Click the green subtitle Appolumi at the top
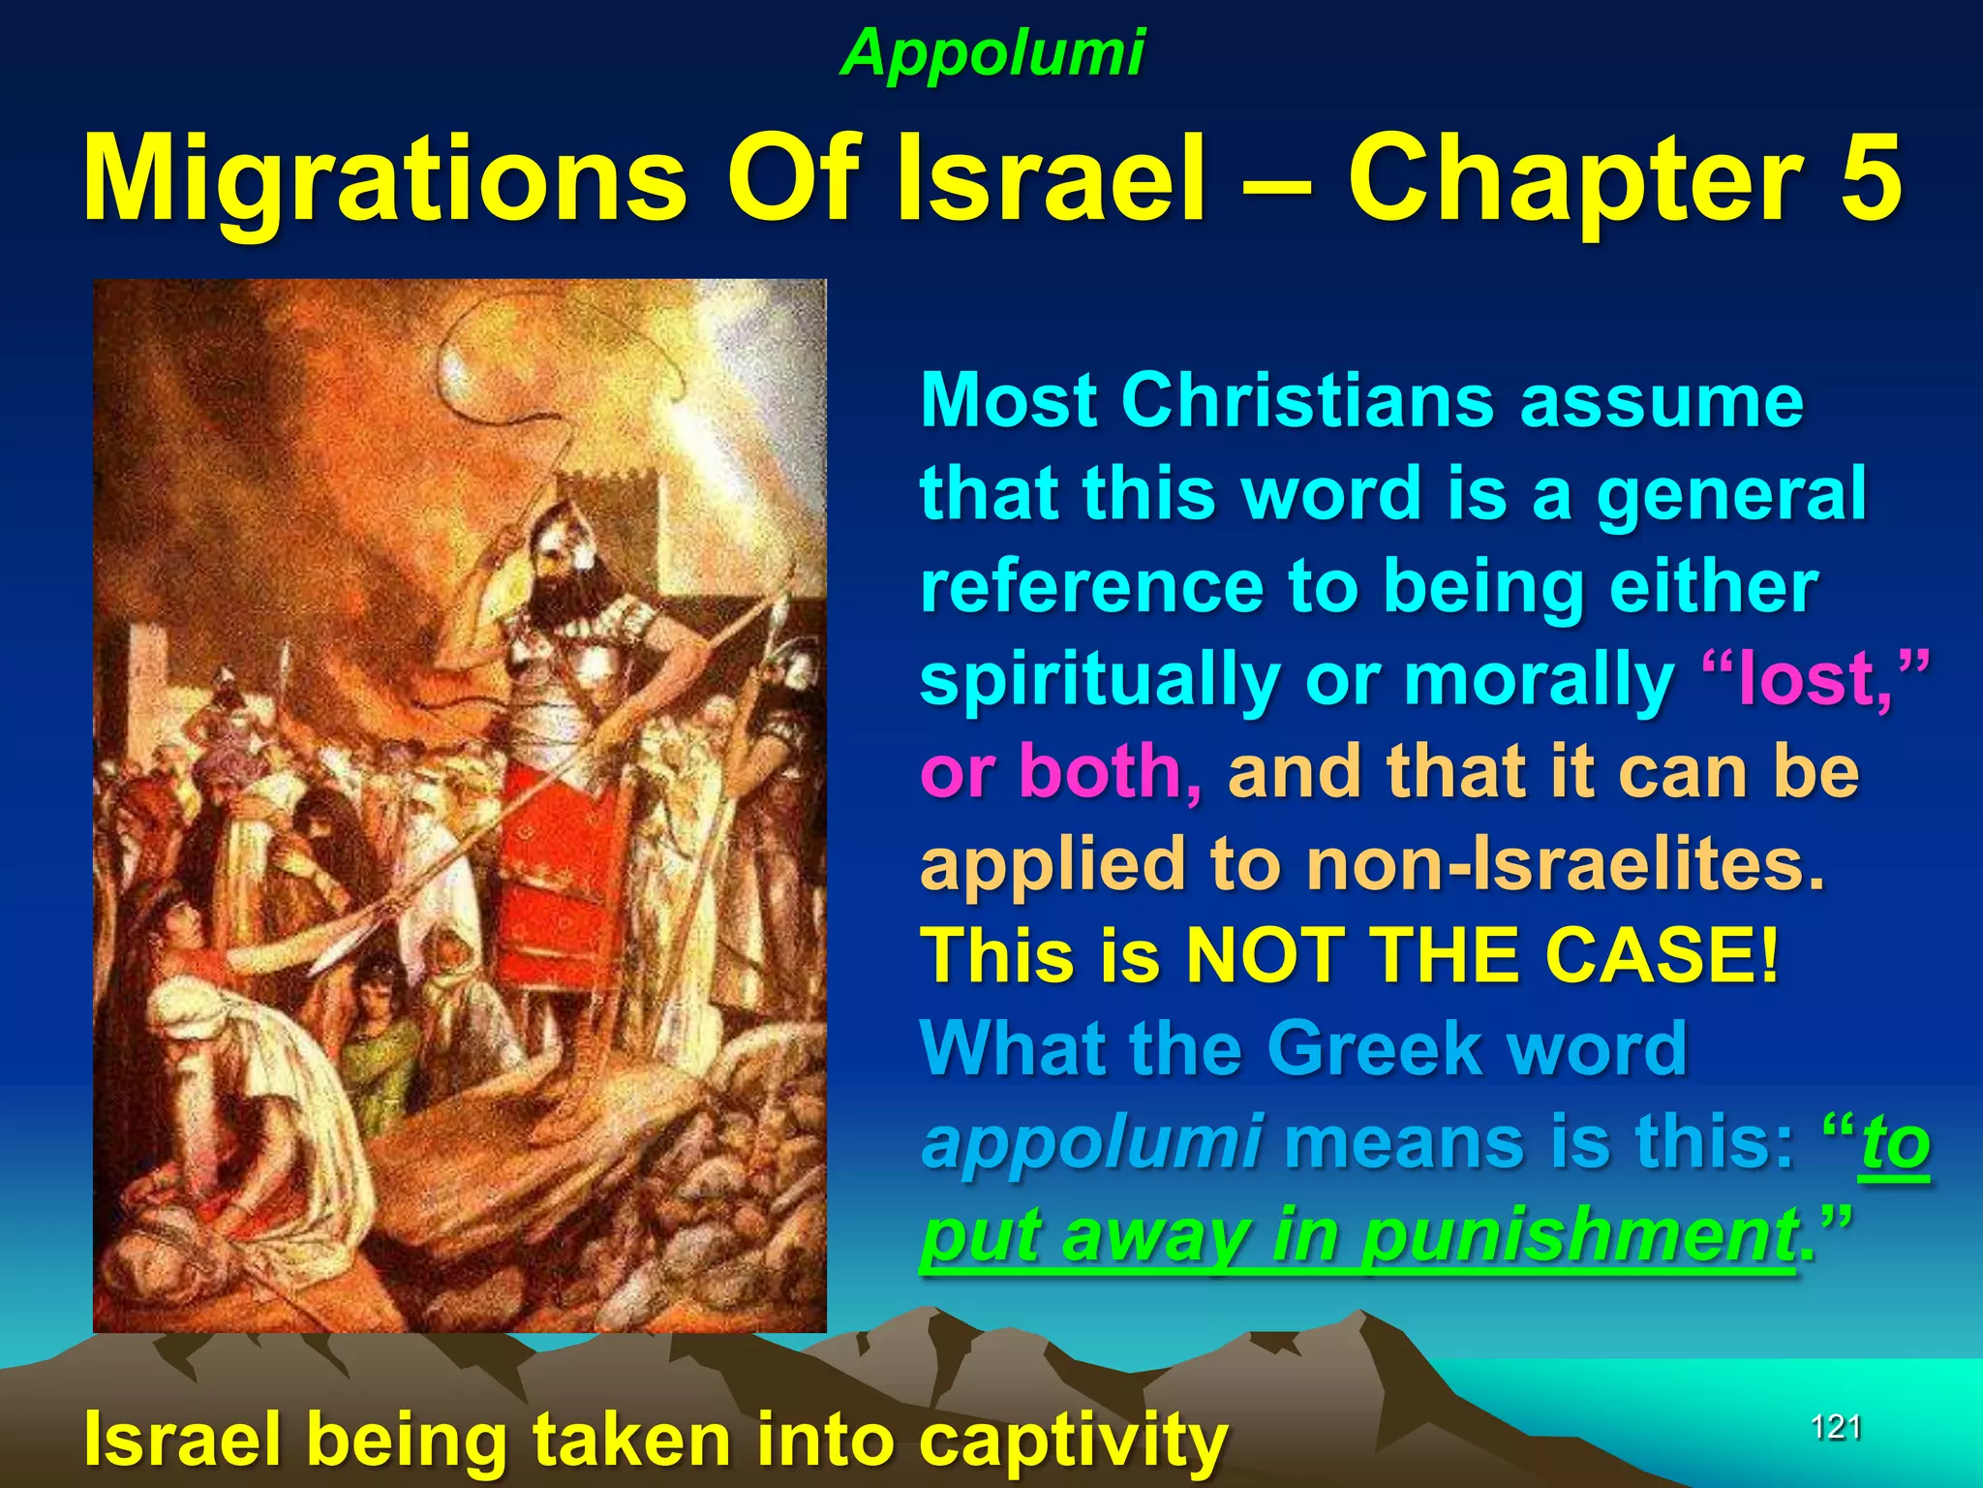point(992,52)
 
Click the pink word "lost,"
point(1816,678)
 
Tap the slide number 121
point(1836,1427)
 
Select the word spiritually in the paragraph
point(1100,678)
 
